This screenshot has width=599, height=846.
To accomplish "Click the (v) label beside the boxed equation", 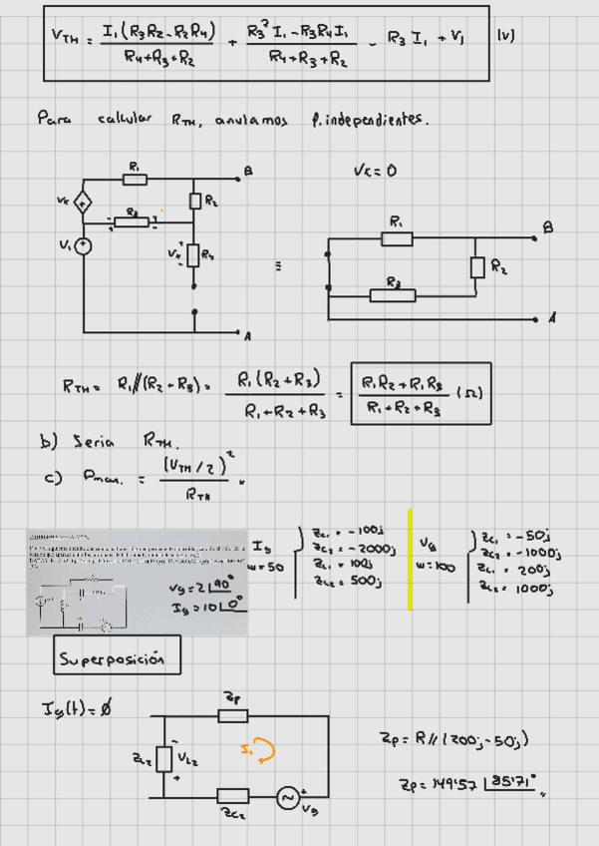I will (505, 36).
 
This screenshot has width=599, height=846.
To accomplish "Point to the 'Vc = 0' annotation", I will (375, 171).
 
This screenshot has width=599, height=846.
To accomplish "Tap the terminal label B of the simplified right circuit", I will (547, 228).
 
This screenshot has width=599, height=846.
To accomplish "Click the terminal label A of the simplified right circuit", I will (551, 318).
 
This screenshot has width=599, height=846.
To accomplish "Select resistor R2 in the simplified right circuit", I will (477, 266).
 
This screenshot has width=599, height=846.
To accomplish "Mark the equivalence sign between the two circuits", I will (277, 267).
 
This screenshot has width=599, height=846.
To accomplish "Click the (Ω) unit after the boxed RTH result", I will (470, 394).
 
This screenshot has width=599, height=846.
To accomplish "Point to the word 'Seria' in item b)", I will (94, 440).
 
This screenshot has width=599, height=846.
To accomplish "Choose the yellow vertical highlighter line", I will (409, 567).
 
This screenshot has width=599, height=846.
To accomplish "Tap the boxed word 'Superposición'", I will (118, 658).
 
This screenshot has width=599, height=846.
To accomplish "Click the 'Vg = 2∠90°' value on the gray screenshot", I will (204, 587).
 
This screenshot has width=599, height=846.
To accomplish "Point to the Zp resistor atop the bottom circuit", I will (232, 715).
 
